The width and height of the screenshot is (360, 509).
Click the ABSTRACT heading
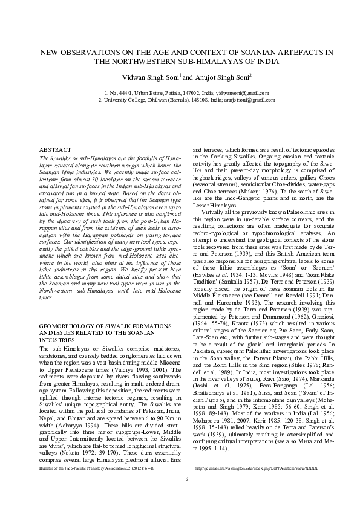point(55,149)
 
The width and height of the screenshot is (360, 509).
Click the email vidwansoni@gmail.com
point(244,94)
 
